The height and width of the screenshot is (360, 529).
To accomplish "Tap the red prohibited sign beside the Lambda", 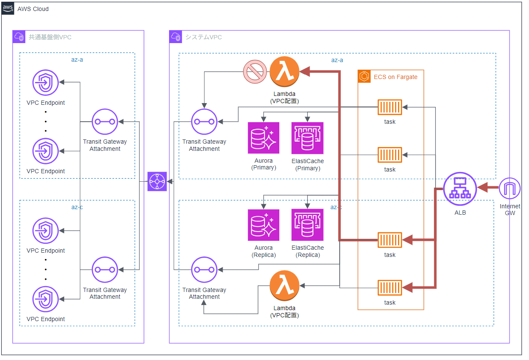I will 255,72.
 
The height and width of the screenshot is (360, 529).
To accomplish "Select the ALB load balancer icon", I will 460,188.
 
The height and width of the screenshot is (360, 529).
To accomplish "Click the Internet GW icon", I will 510,188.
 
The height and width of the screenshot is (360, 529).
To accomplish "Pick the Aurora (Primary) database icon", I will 264,138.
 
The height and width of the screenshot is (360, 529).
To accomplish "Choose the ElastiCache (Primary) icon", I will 308,138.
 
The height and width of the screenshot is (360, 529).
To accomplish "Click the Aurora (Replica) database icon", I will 264,225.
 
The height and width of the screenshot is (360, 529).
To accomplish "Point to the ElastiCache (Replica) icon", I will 308,225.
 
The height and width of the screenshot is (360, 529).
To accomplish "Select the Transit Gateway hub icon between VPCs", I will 157,182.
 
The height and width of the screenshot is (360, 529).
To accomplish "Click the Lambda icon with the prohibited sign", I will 284,72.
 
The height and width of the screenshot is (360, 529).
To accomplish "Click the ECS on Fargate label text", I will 395,77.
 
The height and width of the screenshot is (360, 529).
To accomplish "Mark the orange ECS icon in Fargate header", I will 364,76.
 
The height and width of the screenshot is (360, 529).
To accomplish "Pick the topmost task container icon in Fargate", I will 390,107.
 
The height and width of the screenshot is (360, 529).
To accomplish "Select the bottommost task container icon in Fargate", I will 390,288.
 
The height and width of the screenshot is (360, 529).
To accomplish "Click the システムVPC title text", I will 204,37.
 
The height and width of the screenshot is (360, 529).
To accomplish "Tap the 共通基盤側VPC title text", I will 50,37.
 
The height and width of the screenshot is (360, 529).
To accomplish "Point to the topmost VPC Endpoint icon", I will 46,82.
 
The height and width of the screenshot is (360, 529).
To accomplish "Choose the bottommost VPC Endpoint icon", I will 46,299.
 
